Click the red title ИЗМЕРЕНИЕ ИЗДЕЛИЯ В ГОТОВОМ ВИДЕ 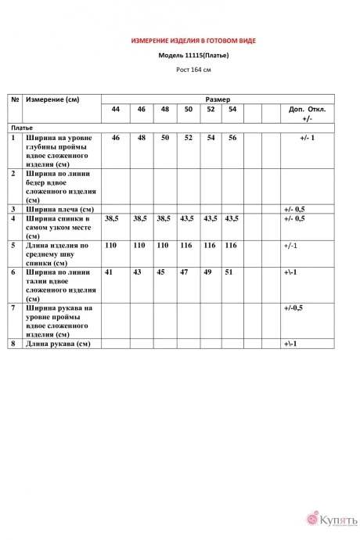coord(192,39)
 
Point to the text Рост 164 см coord(192,70)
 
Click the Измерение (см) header coord(52,100)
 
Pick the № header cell coord(15,100)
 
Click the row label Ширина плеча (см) coord(59,209)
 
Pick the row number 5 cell coord(14,245)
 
